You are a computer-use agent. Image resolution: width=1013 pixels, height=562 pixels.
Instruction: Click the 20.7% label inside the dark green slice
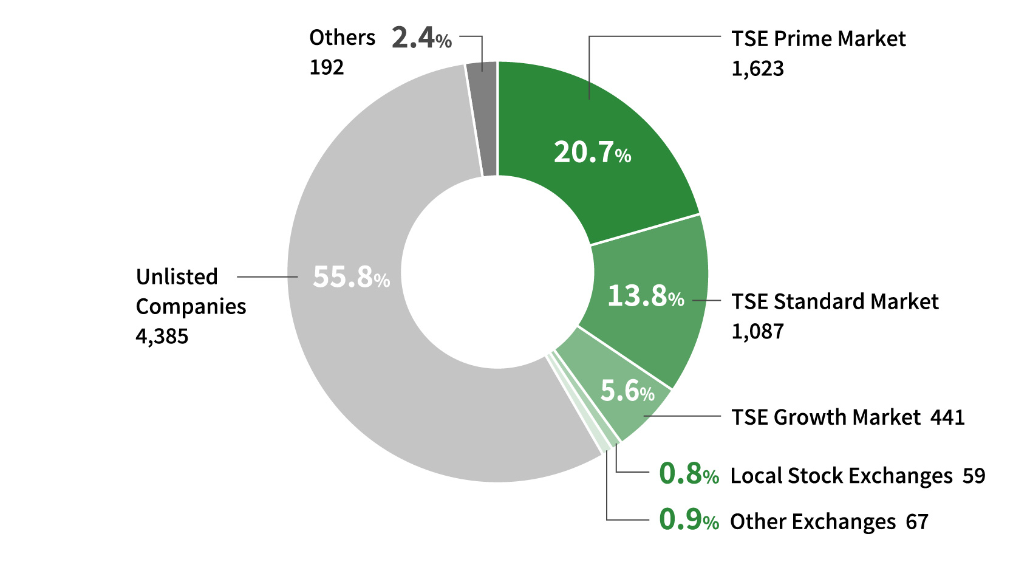592,152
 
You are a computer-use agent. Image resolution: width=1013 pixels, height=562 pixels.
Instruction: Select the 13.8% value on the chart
645,296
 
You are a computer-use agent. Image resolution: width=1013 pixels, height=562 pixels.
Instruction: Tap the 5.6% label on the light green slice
627,391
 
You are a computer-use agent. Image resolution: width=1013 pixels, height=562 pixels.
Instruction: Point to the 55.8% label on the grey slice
351,277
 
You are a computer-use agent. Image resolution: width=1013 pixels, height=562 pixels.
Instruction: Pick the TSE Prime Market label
818,39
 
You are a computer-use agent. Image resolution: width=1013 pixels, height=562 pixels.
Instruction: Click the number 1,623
757,69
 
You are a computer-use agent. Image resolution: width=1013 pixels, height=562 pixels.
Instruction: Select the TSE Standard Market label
834,301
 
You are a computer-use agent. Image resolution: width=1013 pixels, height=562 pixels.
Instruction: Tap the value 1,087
757,331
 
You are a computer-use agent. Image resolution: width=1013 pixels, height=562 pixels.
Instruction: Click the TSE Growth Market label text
826,417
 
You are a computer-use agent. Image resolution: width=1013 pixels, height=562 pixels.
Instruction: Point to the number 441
947,417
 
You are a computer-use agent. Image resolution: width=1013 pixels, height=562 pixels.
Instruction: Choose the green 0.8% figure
689,474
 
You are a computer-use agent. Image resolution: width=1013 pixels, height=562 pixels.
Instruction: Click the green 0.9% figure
689,520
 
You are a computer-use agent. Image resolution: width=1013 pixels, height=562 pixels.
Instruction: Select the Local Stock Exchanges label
841,476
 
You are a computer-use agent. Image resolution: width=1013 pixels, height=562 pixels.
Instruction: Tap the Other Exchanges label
813,522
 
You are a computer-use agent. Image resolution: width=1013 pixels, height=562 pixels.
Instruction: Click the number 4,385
162,336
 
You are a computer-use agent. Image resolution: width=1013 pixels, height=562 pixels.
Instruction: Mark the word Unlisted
177,277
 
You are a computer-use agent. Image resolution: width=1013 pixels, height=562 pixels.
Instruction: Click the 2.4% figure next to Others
421,38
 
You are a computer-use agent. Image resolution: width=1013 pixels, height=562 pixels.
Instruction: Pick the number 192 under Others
327,67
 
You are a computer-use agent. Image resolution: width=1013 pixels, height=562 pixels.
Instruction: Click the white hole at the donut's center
497,272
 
